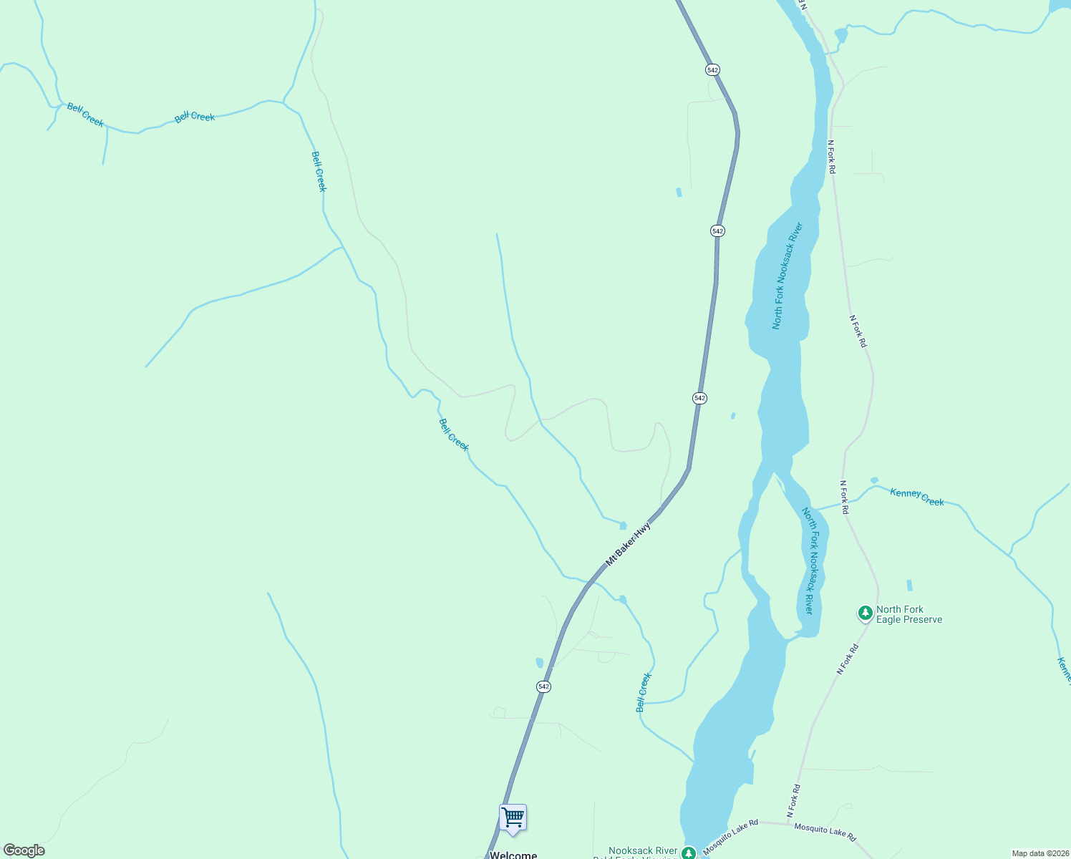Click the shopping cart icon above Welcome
click(513, 817)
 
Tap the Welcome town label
click(513, 855)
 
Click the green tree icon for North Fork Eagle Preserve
click(866, 613)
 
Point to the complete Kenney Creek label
click(916, 497)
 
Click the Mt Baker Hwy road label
click(629, 544)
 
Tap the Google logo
click(24, 850)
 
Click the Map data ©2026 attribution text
click(1039, 853)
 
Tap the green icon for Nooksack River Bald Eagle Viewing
click(688, 853)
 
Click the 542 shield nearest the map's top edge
click(712, 69)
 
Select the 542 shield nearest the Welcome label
click(543, 686)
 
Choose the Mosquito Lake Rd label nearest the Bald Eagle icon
click(730, 837)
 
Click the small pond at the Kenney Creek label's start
click(874, 480)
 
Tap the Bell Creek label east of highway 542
click(644, 692)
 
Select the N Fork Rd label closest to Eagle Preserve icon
click(848, 659)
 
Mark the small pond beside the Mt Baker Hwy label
click(623, 525)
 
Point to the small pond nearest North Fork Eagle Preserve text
click(909, 585)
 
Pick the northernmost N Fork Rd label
click(831, 156)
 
